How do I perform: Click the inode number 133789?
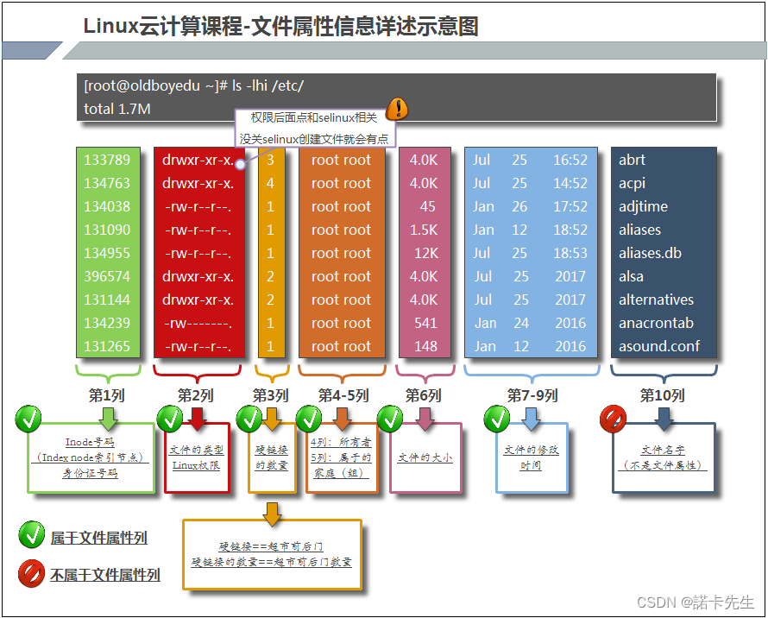pyautogui.click(x=107, y=160)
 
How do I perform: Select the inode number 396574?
pyautogui.click(x=107, y=276)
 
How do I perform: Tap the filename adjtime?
pyautogui.click(x=643, y=206)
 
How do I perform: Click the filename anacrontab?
pyautogui.click(x=656, y=323)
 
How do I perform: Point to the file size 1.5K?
pyautogui.click(x=424, y=230)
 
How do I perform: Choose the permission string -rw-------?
pyautogui.click(x=198, y=323)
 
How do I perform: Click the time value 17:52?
pyautogui.click(x=570, y=206)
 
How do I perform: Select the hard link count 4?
pyautogui.click(x=270, y=183)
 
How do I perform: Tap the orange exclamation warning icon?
pyautogui.click(x=397, y=109)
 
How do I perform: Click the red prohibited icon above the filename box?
pyautogui.click(x=613, y=419)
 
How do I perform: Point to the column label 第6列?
pyautogui.click(x=424, y=395)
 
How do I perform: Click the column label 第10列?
pyautogui.click(x=663, y=395)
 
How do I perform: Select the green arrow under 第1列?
pyautogui.click(x=108, y=419)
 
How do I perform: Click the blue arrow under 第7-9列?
pyautogui.click(x=532, y=419)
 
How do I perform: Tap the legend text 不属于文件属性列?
pyautogui.click(x=105, y=574)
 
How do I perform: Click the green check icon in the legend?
pyautogui.click(x=31, y=536)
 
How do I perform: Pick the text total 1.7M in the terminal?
pyautogui.click(x=117, y=109)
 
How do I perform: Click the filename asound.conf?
pyautogui.click(x=659, y=346)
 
